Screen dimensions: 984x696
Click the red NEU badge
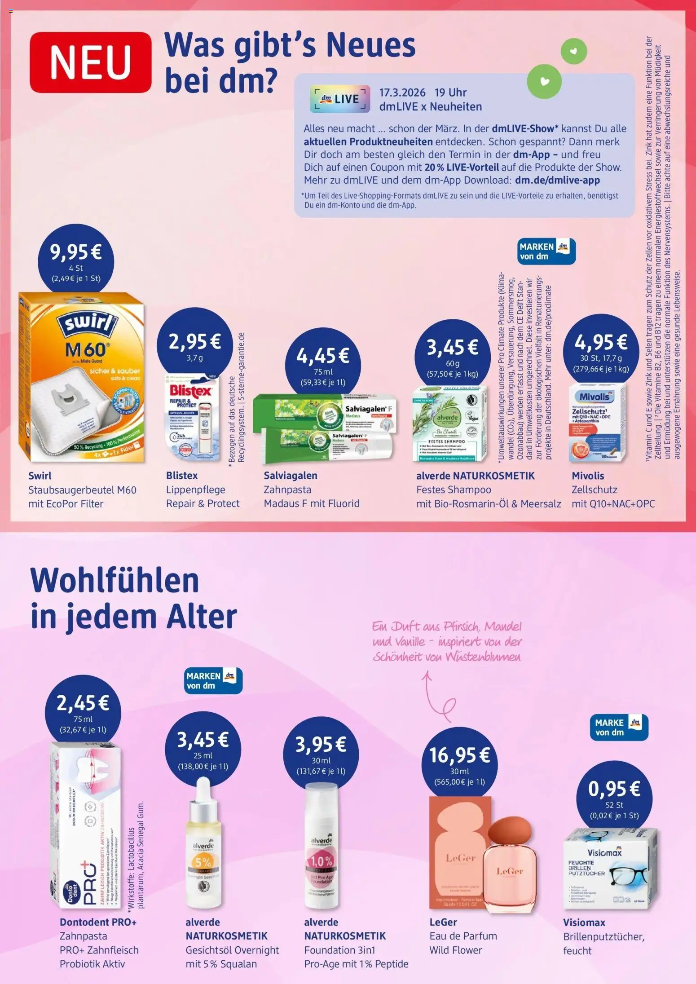coord(90,62)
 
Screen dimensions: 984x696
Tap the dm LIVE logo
coord(340,99)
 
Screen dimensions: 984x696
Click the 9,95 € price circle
coord(76,261)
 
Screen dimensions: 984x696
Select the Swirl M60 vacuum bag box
coord(82,377)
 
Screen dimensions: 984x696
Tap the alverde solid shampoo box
coord(449,423)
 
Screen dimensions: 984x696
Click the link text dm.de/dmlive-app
coord(557,180)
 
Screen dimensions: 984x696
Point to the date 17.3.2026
coord(402,93)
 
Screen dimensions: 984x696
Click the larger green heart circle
coord(544,81)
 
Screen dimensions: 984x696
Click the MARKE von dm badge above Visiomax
coord(619,727)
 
